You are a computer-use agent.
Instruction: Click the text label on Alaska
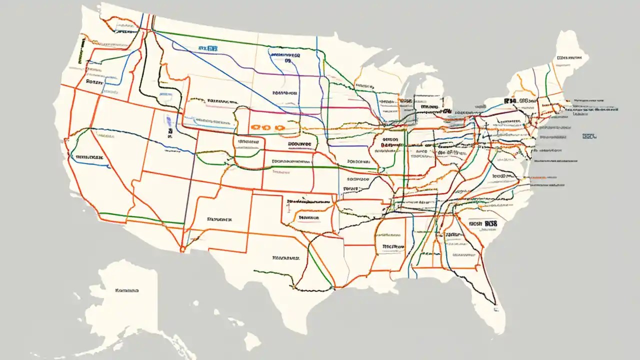126,290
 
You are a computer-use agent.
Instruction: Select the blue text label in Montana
207,48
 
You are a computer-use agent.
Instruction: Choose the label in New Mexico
219,219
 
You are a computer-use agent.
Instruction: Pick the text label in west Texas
285,258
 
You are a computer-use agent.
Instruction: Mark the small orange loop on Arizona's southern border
183,247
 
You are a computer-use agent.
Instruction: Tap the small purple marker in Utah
168,120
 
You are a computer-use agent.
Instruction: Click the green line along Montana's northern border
210,37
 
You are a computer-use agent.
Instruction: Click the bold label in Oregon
94,80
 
